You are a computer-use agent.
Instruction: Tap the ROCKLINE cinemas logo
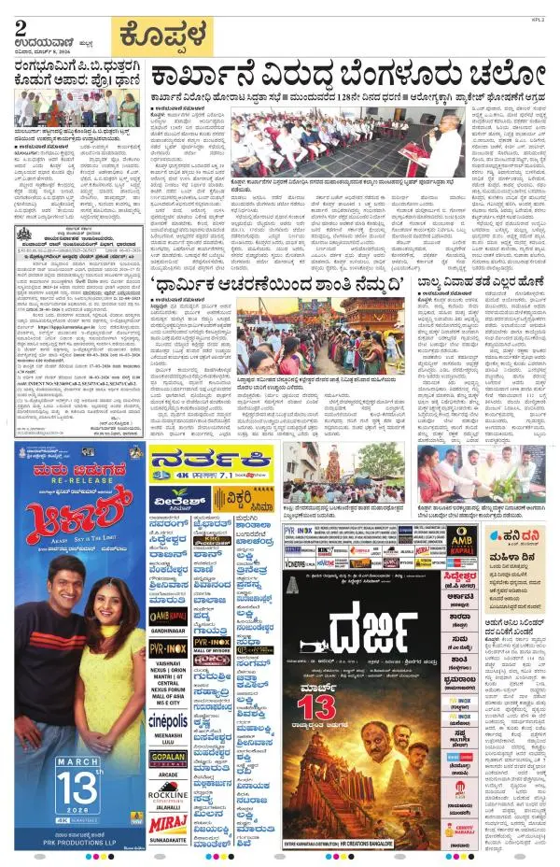pos(167,794)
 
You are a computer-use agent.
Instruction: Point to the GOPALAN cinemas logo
pos(167,758)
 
